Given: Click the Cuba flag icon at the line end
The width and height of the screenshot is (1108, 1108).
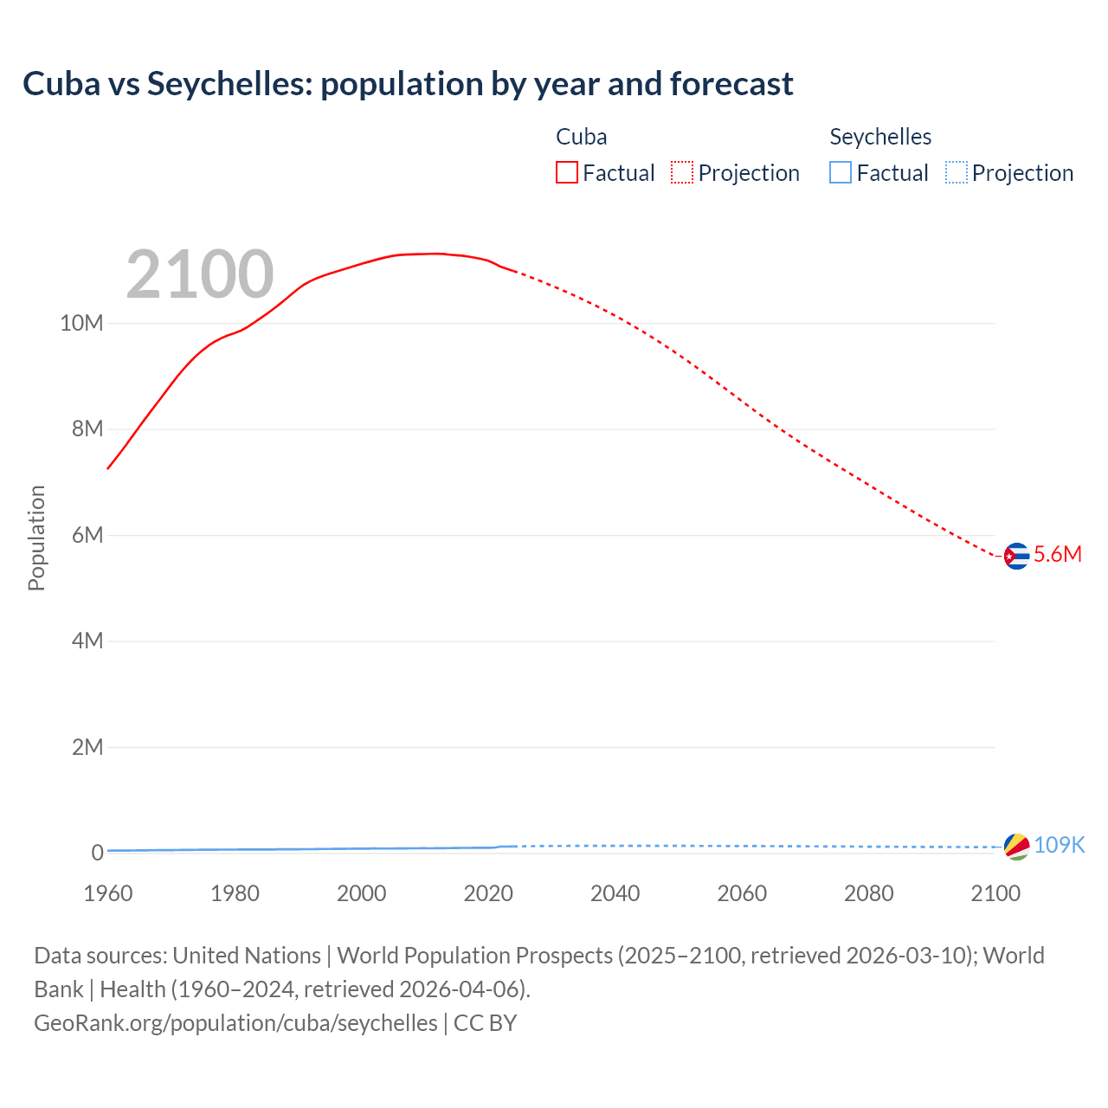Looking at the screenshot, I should (1016, 556).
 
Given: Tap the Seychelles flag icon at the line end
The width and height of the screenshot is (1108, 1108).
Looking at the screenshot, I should (1016, 846).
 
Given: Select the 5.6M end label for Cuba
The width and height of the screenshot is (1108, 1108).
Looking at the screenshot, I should (1058, 555).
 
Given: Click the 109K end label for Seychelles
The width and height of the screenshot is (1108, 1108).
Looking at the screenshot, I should (1060, 845).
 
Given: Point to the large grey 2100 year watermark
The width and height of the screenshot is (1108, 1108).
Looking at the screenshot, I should (200, 274).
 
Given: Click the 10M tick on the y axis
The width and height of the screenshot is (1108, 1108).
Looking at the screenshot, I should (81, 324).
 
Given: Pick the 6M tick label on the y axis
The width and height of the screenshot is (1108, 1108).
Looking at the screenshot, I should (87, 536).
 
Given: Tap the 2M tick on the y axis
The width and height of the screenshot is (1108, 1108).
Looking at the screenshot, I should (87, 747).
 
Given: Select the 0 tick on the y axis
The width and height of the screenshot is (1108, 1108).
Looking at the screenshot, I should (97, 854).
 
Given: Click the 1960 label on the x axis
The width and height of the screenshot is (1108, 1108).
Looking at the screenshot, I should (108, 893).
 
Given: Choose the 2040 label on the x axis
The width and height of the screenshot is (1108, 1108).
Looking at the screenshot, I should (615, 893).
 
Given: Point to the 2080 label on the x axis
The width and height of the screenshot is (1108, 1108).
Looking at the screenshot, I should (868, 893).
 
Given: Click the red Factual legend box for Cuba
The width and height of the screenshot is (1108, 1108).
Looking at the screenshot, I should (567, 173).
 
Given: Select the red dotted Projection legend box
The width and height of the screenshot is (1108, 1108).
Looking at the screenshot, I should (682, 173).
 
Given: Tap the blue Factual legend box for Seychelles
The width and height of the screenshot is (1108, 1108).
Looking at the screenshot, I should (841, 173).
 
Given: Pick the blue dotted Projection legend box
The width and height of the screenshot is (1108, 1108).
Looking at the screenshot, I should (957, 173).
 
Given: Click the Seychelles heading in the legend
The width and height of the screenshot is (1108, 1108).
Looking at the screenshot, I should (880, 137).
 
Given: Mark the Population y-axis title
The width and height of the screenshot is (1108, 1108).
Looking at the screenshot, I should (36, 538).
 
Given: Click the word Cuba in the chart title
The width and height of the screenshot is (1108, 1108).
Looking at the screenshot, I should (61, 84).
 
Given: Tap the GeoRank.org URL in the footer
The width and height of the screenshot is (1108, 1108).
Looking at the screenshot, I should (235, 1023).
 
